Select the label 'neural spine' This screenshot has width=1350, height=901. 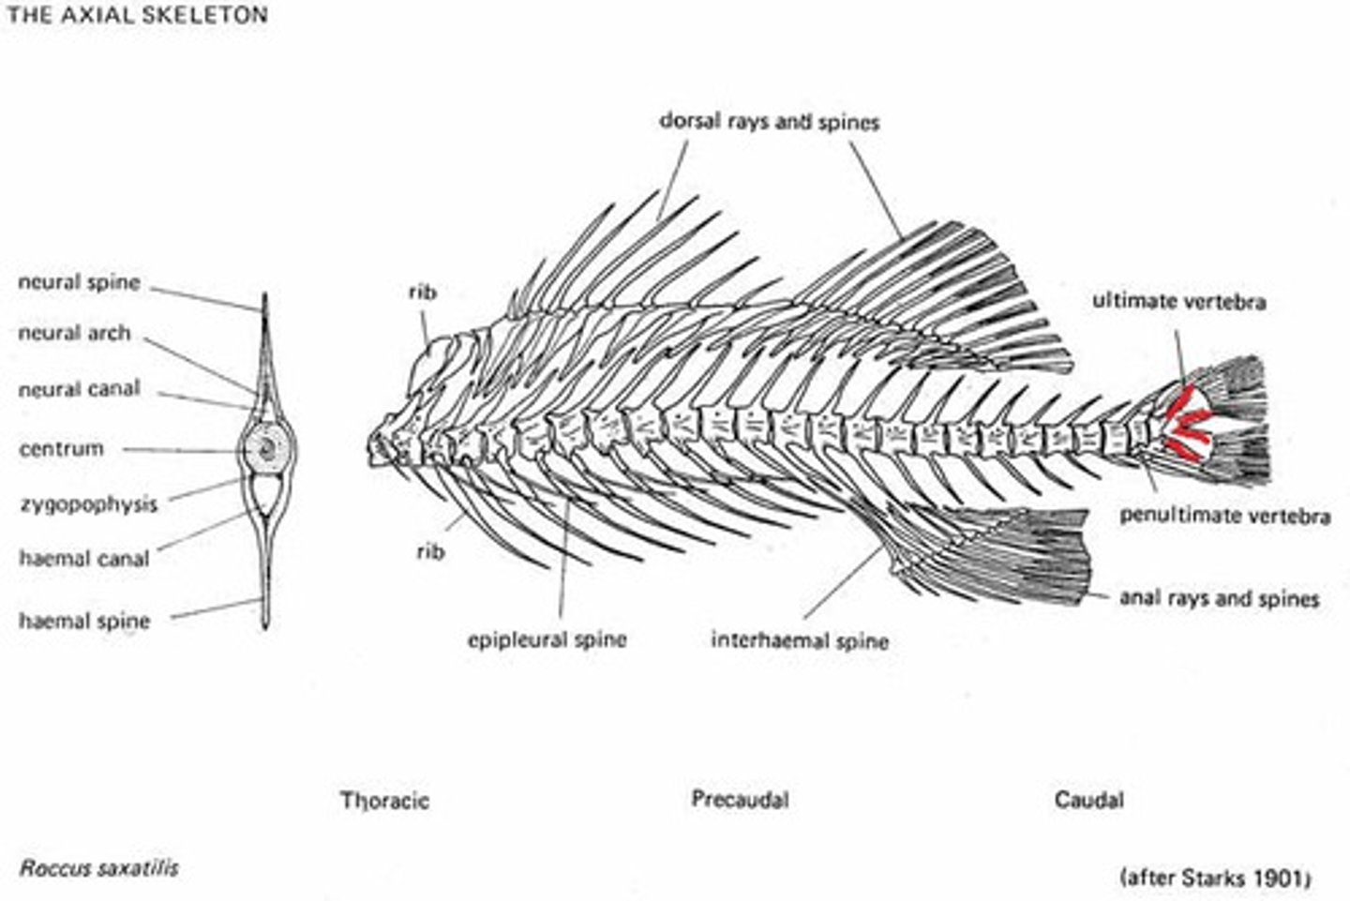80,282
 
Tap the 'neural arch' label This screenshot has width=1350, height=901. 75,333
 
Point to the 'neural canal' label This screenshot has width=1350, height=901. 80,389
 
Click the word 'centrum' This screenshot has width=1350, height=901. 62,449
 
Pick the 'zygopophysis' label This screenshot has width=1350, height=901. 88,504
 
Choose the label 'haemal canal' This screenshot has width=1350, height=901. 84,559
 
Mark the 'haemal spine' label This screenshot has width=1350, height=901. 84,621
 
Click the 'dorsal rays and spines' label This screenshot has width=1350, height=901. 769,122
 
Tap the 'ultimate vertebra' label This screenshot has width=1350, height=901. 1178,302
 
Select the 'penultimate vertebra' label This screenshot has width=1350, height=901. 1224,516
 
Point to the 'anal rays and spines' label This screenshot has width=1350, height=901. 1219,598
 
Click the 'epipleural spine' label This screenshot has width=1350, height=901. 547,640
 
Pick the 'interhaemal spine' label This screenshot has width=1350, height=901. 800,641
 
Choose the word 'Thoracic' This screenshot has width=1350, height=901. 385,801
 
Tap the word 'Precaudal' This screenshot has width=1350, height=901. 740,800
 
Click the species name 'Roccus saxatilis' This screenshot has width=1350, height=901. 98,867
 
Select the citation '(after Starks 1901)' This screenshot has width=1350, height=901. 1215,878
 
